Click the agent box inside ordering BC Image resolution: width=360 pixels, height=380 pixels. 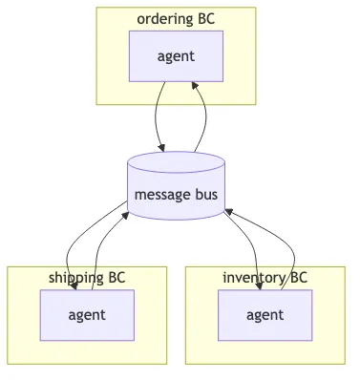pyautogui.click(x=176, y=55)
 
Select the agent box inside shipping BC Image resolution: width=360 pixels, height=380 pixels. pyautogui.click(x=87, y=315)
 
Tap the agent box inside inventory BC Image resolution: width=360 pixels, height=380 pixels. pyautogui.click(x=265, y=315)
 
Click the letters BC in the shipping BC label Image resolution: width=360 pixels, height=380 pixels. pyautogui.click(x=116, y=278)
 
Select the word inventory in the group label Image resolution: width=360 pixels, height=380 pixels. pyautogui.click(x=254, y=278)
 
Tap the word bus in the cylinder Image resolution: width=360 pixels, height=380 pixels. pyautogui.click(x=207, y=196)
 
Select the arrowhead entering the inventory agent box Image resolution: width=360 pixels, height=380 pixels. pyautogui.click(x=256, y=285)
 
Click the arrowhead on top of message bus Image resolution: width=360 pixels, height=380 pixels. pyautogui.click(x=161, y=147)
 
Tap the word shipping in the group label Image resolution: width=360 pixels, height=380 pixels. pyautogui.click(x=75, y=278)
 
